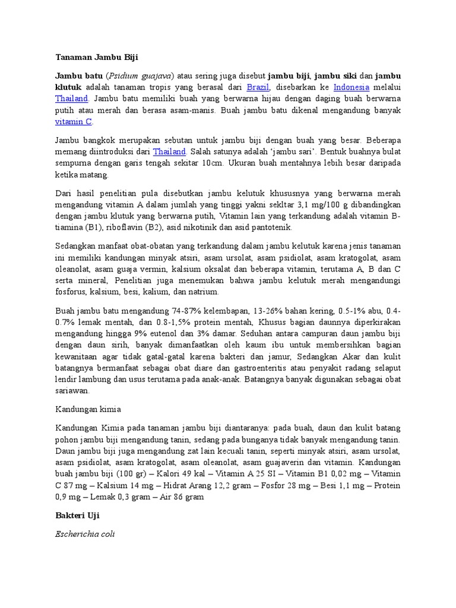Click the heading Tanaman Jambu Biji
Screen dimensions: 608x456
click(96, 58)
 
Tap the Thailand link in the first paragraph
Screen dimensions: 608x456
click(72, 99)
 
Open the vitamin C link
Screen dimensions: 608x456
click(74, 121)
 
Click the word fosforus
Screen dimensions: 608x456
click(71, 292)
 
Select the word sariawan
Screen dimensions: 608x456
click(72, 391)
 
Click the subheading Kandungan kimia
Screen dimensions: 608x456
click(88, 410)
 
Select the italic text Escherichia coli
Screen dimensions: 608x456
click(85, 534)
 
